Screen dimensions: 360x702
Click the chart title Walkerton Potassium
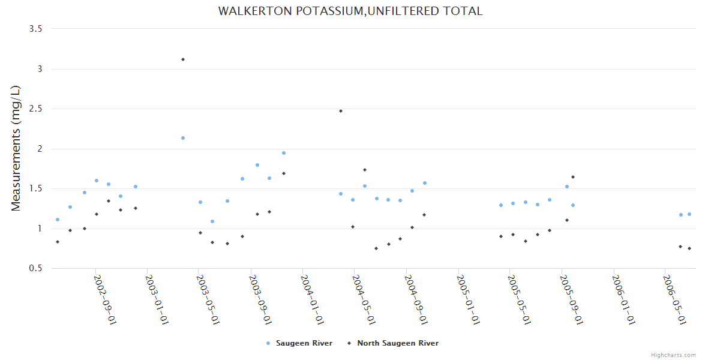[x=350, y=11]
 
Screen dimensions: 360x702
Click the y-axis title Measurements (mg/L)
[x=16, y=148]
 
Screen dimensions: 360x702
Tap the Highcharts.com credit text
[x=673, y=355]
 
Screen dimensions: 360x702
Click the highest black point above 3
[x=183, y=59]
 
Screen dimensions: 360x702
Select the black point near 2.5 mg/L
[x=341, y=111]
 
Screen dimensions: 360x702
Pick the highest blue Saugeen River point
[x=183, y=138]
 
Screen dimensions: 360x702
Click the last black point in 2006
[x=689, y=248]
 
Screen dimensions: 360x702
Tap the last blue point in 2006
[x=689, y=214]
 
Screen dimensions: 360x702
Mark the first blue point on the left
[x=58, y=220]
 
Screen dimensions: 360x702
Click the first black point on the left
[x=58, y=242]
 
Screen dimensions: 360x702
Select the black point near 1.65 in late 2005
[x=573, y=177]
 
